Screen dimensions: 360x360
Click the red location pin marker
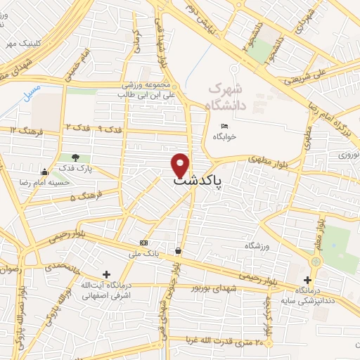(x=181, y=165)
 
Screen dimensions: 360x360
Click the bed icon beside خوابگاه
(x=224, y=126)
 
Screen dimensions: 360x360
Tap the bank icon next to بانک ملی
(x=143, y=243)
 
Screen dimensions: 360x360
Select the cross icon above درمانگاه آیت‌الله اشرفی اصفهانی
(x=106, y=274)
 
